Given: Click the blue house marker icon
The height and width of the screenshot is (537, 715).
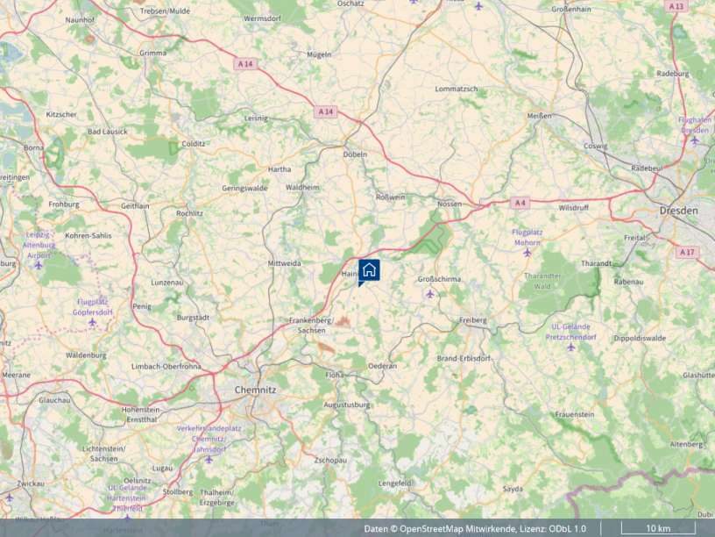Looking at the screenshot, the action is point(370,269).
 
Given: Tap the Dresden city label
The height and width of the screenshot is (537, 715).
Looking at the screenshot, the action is point(680,211).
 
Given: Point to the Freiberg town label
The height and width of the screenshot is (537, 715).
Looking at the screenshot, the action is point(473,320).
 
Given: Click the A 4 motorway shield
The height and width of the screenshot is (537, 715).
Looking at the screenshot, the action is point(520,203).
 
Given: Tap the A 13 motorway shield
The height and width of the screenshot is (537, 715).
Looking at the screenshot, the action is point(676,6).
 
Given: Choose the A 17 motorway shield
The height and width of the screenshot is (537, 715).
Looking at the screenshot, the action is point(687,252).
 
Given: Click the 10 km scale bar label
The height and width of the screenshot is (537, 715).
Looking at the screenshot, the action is point(658,528).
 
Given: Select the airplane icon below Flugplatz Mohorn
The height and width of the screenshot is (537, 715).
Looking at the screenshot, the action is point(527,253).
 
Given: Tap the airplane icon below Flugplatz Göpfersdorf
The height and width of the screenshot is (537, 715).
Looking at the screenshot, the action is point(93,323).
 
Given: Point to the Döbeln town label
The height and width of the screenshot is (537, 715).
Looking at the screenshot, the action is point(356,154).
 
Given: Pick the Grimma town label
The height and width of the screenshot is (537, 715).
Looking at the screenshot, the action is point(152,53).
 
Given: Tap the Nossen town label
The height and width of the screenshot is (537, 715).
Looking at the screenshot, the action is point(449,204).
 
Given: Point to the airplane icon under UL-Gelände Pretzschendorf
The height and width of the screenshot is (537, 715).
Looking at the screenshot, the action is point(571,347).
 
